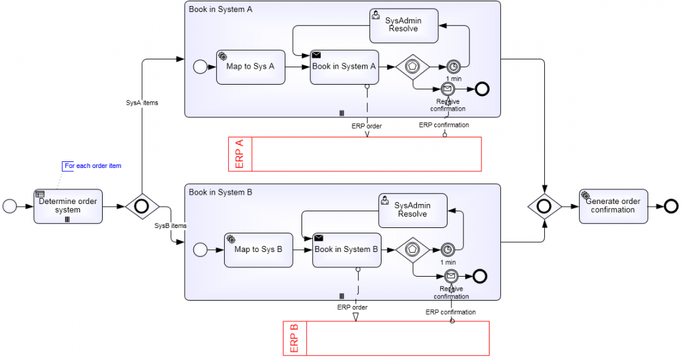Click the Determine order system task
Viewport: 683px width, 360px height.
[68, 206]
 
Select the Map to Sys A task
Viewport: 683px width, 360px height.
[251, 67]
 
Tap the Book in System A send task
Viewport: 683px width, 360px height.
[344, 67]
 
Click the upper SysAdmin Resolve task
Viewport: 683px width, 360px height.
[404, 25]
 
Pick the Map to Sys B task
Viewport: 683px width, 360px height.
[259, 250]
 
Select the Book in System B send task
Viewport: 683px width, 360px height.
[346, 250]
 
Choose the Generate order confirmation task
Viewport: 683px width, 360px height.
[613, 206]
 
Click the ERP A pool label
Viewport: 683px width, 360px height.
[239, 154]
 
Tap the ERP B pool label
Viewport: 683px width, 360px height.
[294, 338]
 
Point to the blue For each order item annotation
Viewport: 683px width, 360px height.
[93, 165]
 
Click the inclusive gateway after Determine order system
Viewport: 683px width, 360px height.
[141, 207]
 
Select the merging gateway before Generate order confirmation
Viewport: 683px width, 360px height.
[544, 207]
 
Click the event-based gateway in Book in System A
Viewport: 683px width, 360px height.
[412, 67]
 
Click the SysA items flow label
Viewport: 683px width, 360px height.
[141, 103]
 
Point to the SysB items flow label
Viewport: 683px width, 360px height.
[170, 226]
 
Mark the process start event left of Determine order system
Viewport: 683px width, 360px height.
[10, 207]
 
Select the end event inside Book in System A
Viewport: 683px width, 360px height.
[482, 89]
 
